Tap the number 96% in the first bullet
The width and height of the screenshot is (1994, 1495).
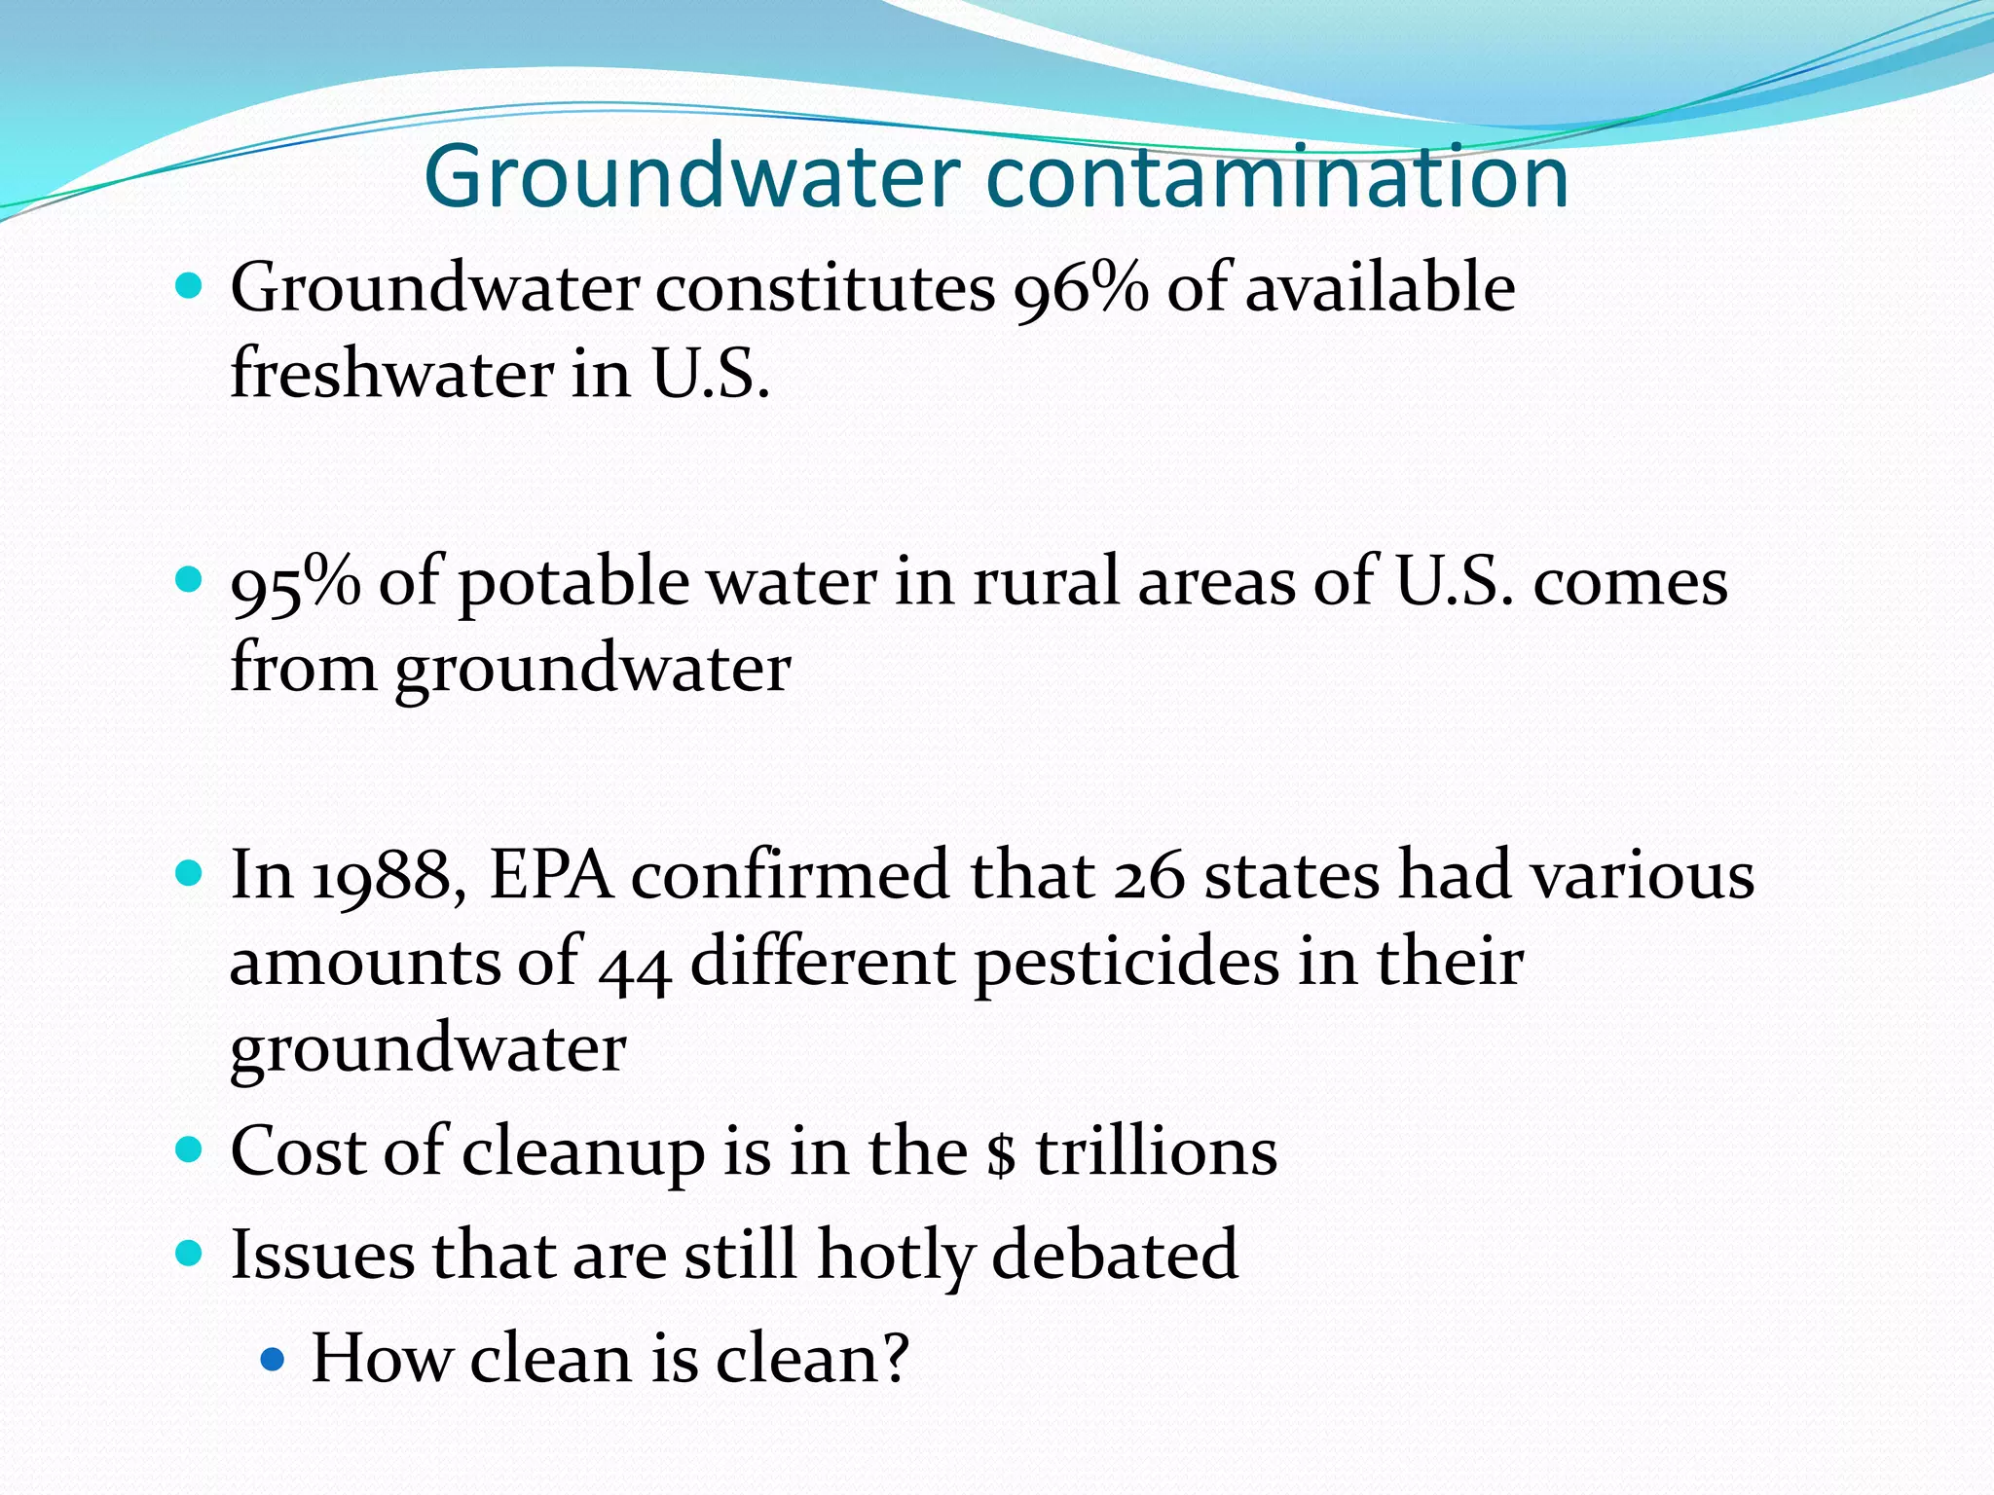click(x=1081, y=289)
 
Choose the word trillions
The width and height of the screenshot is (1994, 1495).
click(x=1156, y=1151)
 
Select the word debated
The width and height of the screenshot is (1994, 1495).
click(x=1115, y=1255)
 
